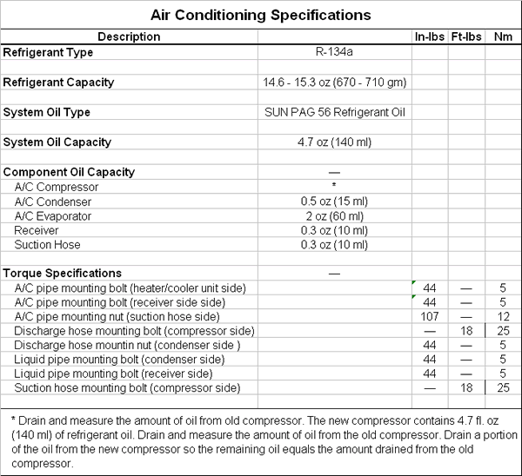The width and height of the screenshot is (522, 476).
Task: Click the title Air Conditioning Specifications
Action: pyautogui.click(x=261, y=15)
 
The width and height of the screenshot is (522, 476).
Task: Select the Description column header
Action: pyautogui.click(x=129, y=36)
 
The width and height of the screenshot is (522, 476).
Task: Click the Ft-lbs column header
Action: pyautogui.click(x=466, y=36)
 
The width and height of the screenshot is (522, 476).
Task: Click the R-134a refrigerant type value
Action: pyautogui.click(x=335, y=52)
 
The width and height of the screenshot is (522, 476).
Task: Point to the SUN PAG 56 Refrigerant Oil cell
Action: pyautogui.click(x=335, y=112)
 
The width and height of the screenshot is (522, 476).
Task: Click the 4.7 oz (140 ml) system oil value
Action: pyautogui.click(x=335, y=142)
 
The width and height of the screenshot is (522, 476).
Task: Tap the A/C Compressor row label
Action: pyautogui.click(x=57, y=187)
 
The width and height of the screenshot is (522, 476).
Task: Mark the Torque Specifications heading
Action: pyautogui.click(x=63, y=273)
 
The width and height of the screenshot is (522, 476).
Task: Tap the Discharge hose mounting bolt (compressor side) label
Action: pyautogui.click(x=134, y=331)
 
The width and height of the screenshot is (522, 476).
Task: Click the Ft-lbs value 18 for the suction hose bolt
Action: pyautogui.click(x=466, y=387)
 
